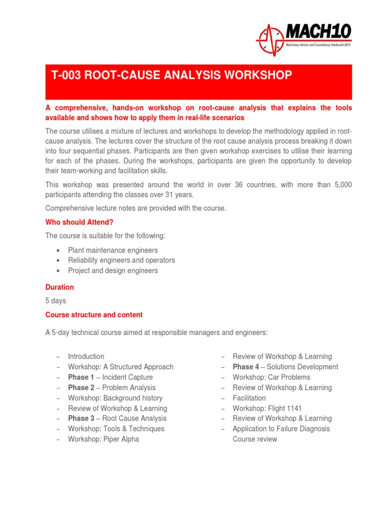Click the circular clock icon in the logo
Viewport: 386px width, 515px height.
pos(271,39)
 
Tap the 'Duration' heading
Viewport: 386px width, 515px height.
pos(59,287)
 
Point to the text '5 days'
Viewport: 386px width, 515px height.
pos(55,301)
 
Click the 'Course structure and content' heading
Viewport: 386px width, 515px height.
pos(94,315)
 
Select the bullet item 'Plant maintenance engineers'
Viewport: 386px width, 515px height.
pos(113,250)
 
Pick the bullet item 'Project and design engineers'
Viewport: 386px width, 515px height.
pos(113,271)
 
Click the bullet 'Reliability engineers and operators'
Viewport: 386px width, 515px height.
pos(121,260)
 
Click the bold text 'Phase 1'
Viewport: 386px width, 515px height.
pos(81,377)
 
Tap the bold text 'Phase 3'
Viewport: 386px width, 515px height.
pos(81,418)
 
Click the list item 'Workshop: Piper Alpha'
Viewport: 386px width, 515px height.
pos(104,439)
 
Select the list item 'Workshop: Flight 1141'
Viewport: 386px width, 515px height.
pos(267,408)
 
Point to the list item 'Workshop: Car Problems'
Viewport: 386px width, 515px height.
pos(271,377)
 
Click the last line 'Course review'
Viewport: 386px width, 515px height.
pos(255,439)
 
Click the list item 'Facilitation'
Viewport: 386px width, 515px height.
pos(249,398)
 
